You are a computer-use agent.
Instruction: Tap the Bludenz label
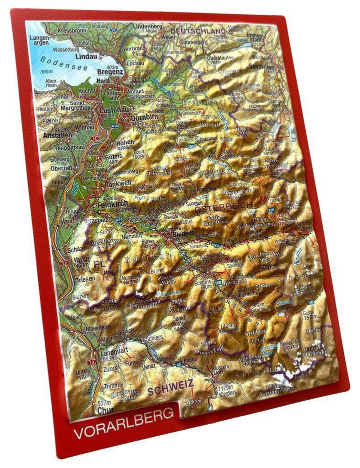[182, 234]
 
